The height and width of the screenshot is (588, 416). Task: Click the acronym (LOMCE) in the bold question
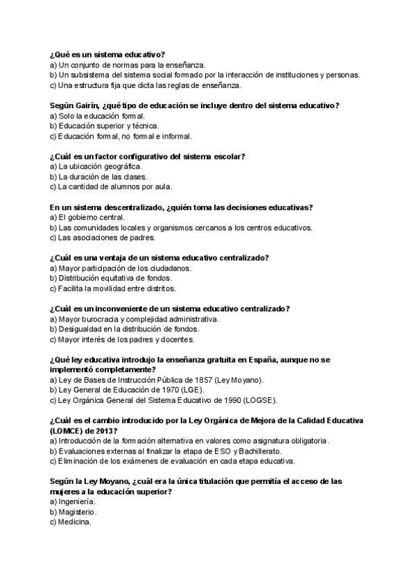[67, 431]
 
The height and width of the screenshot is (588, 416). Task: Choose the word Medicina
[76, 521]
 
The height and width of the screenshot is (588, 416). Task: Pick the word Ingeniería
[77, 501]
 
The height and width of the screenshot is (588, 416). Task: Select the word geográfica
[122, 166]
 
